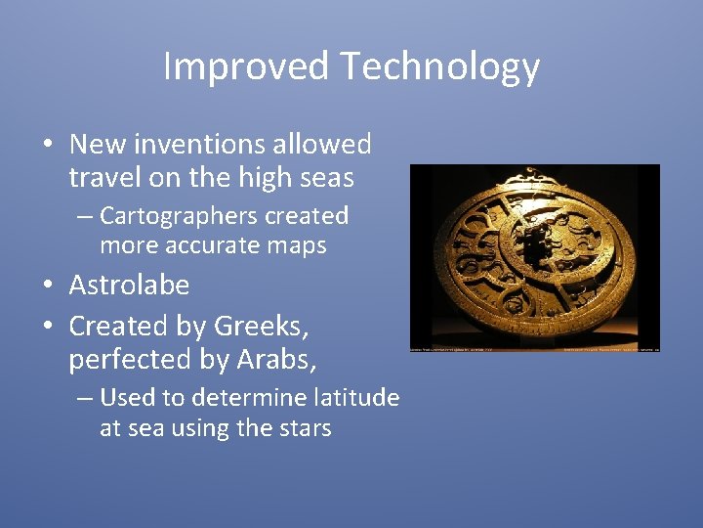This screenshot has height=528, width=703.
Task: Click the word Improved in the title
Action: [x=245, y=66]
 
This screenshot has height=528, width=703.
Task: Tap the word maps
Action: [x=300, y=245]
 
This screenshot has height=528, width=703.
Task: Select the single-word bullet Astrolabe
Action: [x=129, y=286]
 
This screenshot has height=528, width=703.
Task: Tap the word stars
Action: [x=305, y=428]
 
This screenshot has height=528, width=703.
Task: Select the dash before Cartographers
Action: [x=85, y=216]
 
